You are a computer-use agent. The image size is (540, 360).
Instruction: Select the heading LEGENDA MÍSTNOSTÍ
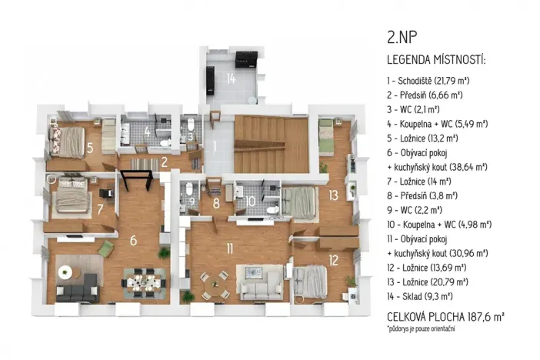(x=438, y=60)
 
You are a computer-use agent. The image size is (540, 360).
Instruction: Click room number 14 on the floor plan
(x=230, y=78)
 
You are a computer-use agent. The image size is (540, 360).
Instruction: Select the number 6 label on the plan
(x=133, y=240)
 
